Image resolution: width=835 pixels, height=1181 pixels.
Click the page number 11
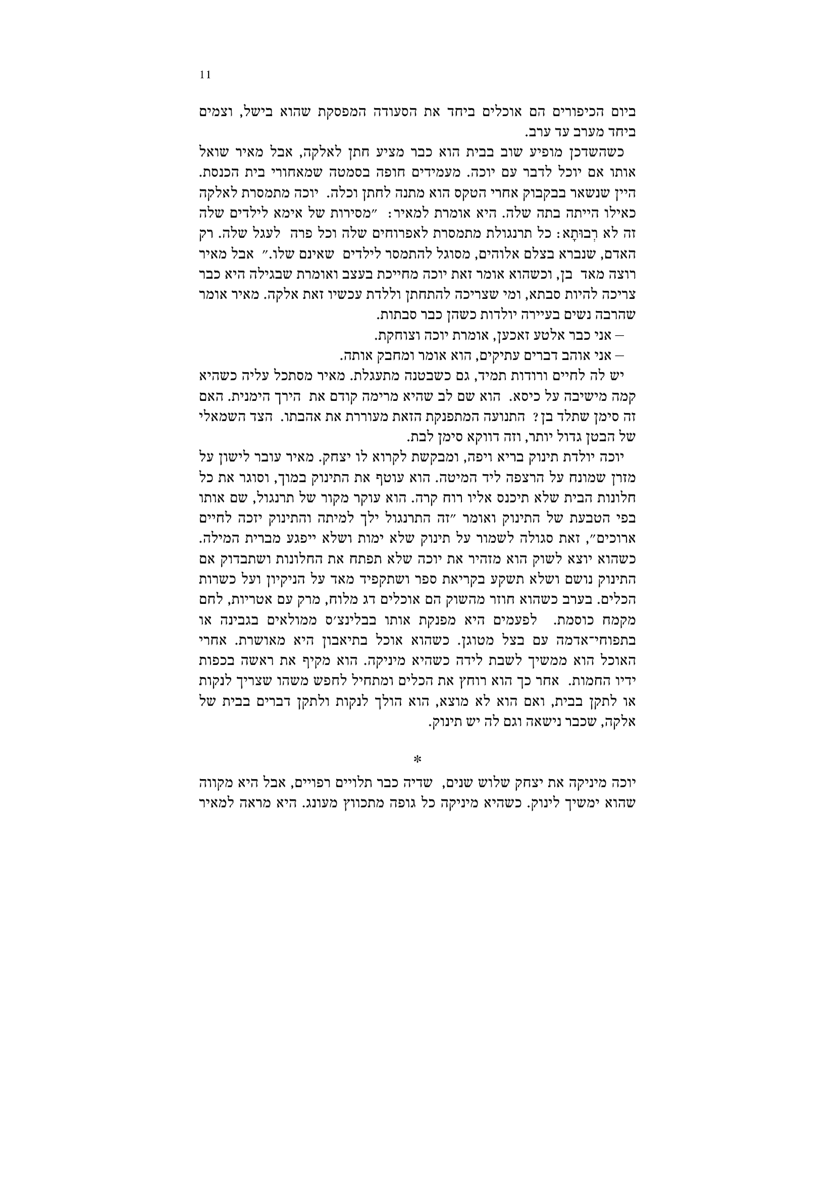click(205, 75)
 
